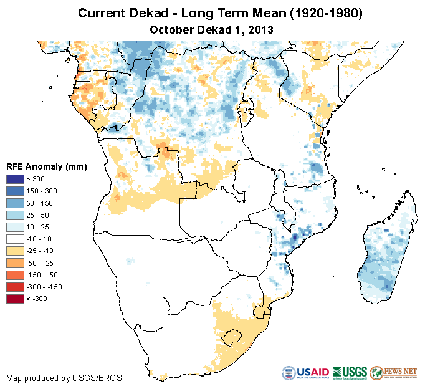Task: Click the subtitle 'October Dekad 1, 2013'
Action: pos(212,29)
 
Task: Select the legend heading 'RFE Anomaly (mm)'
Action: pos(46,166)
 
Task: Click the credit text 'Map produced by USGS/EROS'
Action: pos(64,378)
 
